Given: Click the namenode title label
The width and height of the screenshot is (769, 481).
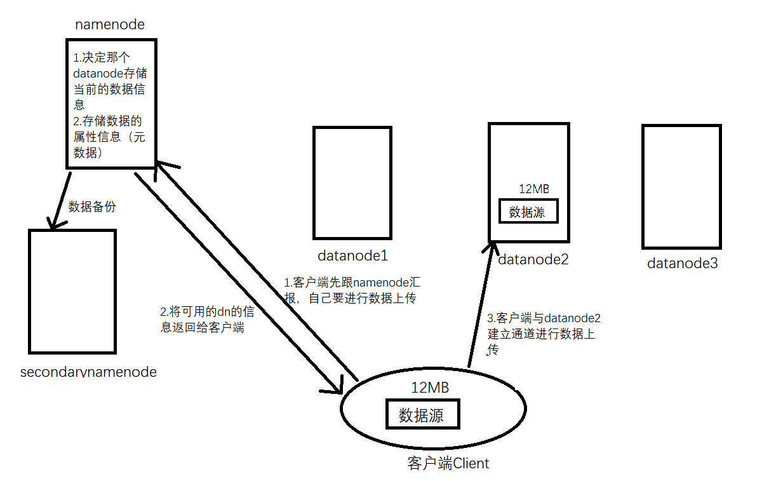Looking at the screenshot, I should tap(110, 25).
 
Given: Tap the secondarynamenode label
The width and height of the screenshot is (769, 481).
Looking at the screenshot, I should tap(88, 372).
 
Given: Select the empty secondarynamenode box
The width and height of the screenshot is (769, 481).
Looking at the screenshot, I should tap(72, 291).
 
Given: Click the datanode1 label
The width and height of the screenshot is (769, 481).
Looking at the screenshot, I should tap(352, 256).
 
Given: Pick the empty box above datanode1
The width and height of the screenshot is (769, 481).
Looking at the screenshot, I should tap(352, 182).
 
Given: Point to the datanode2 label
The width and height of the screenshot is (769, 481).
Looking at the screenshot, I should tap(533, 259).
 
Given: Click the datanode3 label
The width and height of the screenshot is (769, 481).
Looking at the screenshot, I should tap(682, 263).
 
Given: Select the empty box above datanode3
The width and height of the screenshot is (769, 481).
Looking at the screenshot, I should tap(681, 186).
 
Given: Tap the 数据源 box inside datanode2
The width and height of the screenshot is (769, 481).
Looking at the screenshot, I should tap(528, 212).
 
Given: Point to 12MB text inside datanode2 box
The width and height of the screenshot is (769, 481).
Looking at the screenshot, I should tap(533, 189).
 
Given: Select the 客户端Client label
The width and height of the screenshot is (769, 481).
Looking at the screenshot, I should tap(448, 464).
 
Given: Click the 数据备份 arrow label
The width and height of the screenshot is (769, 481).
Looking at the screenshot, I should tap(92, 207).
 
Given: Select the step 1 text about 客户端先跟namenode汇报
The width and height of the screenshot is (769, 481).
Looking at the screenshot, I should tap(352, 290).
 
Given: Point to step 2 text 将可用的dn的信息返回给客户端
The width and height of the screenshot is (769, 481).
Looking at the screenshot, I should tap(207, 320).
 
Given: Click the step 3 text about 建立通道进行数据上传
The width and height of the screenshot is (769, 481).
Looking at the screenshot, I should tap(544, 334).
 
